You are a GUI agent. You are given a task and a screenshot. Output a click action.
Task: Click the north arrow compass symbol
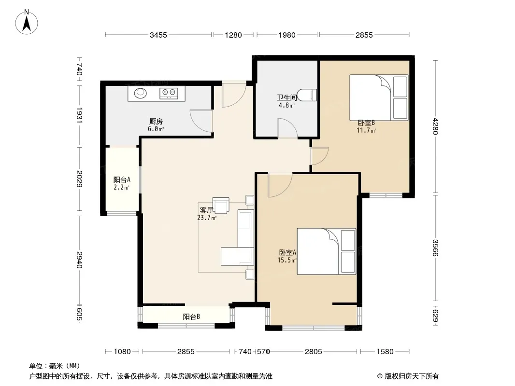coord(27,22)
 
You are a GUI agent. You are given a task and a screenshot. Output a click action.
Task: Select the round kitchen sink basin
coord(141,93)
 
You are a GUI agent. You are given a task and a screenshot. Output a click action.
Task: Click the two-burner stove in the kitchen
coord(169,93)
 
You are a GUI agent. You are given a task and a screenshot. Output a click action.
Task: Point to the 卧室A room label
coord(288,252)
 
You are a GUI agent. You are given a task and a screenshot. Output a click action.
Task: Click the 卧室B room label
coord(366,123)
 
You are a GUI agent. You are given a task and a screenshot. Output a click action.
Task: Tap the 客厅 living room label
coord(206,210)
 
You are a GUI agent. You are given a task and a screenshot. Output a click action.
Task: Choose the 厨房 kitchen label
coord(156,122)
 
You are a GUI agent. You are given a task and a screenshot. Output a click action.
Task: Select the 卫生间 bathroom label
coord(287,97)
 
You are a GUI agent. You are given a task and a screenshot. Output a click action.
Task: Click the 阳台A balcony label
coord(122,179)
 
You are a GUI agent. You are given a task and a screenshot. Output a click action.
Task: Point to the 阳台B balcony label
coord(191,317)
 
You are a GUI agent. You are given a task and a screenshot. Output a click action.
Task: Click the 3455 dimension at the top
coord(158,35)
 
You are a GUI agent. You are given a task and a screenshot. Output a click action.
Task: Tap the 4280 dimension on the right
coord(435,126)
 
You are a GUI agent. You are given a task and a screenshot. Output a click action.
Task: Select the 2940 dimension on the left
coord(79,260)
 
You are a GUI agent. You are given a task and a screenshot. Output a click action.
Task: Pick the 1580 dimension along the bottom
coord(385,352)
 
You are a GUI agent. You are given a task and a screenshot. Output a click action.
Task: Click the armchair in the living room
coord(221,205)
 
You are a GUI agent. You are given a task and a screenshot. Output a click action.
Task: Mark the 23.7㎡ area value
coord(207,218)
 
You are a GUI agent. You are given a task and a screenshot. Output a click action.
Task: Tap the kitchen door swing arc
coord(200,121)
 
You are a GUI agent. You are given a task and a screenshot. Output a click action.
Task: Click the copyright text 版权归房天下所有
coord(412,376)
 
